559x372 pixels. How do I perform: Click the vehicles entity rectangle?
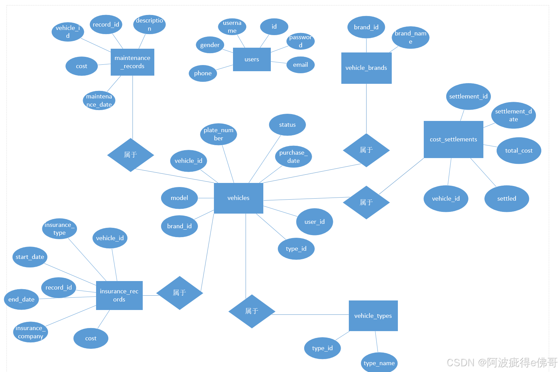point(238,198)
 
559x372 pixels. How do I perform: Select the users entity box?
point(252,59)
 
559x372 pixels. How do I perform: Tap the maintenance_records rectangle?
point(132,62)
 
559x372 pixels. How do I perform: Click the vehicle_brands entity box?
point(366,68)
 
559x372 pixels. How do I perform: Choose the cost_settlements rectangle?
point(453,139)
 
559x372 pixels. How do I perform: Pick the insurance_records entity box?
point(119,295)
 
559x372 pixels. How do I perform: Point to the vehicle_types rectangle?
point(373,316)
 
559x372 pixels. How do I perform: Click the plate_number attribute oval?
point(218,134)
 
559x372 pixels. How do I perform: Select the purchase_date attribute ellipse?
point(293,157)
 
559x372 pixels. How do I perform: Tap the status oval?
point(287,125)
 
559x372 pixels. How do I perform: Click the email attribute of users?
point(300,65)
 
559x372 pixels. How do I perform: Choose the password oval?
point(300,41)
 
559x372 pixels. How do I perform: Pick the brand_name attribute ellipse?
point(410,37)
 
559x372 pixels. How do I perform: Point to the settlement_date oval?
point(513,115)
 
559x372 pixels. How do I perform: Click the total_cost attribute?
point(519,151)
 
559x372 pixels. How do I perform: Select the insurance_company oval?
point(30,332)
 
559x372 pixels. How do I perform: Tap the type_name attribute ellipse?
point(379,363)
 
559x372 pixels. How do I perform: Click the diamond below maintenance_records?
point(130,155)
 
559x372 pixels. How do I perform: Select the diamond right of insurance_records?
point(180,293)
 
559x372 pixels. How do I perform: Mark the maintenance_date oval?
point(99,100)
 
